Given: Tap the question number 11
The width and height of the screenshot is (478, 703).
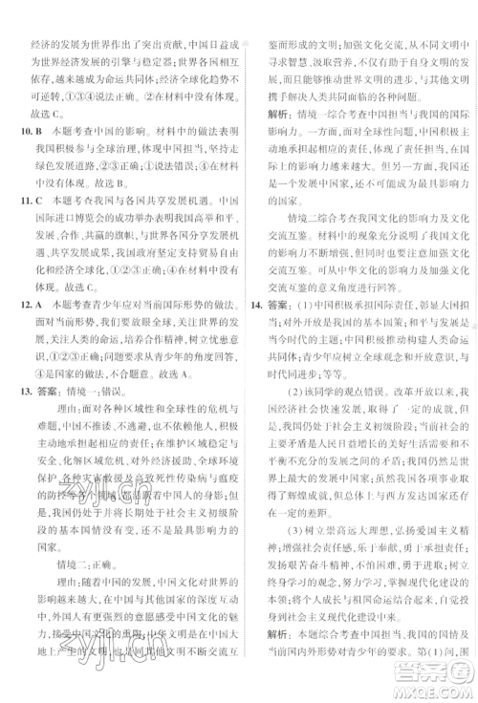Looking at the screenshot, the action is [x=19, y=231].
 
